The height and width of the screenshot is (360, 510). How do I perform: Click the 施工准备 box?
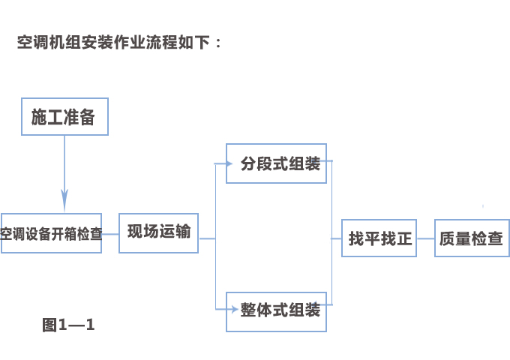coord(64,116)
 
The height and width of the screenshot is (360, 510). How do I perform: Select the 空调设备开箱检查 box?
coord(51,233)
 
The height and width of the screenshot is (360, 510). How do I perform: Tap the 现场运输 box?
coord(159,232)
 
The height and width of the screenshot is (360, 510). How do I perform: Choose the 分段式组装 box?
coord(277,163)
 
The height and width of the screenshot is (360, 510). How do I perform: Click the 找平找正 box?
coord(379,238)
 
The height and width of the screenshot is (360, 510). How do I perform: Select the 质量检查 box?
coord(472,238)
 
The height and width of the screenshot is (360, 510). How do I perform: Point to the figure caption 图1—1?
coord(68,325)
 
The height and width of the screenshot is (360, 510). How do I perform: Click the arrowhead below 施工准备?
coord(64,202)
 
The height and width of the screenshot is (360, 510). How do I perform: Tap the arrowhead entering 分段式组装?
coord(221,163)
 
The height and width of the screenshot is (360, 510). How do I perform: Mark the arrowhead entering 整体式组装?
coord(221,310)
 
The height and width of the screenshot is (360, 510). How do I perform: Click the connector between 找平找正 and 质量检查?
coord(425,238)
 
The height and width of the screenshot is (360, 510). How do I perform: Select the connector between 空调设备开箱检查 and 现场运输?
coord(110,234)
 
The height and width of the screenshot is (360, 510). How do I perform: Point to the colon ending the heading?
coord(218,43)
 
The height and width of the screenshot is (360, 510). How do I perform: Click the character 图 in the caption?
coord(49,325)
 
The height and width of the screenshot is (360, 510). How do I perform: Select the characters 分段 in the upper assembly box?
coord(255,163)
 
